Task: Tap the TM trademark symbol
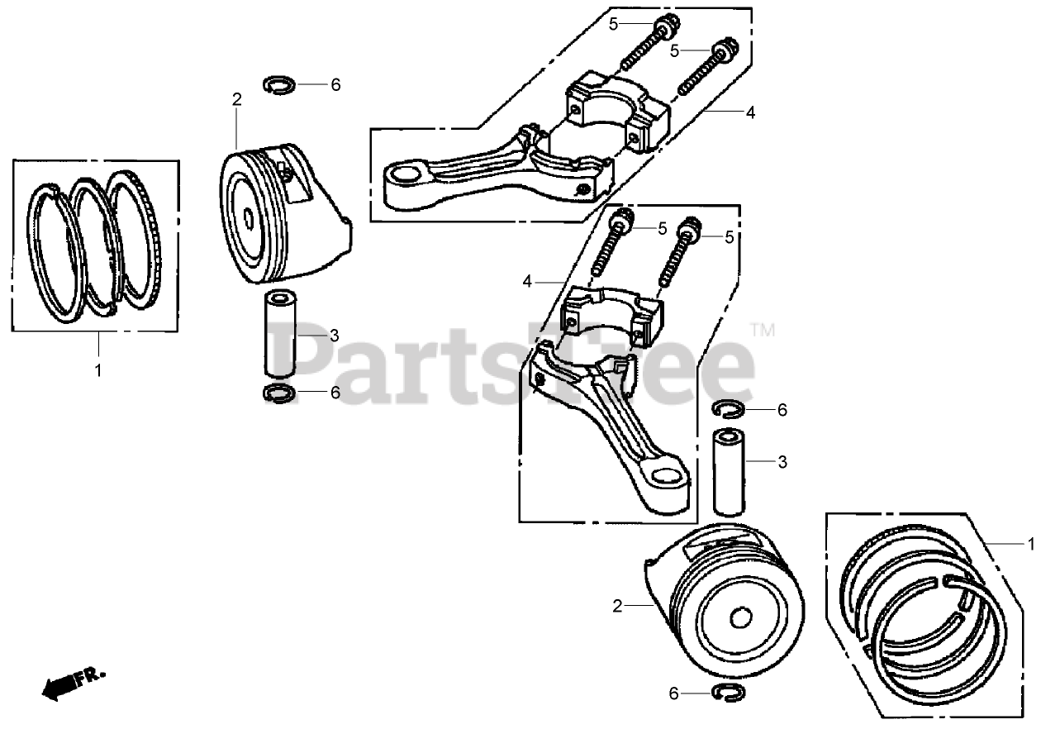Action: [x=763, y=330]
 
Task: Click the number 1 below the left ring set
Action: [x=98, y=370]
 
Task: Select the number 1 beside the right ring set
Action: [x=1029, y=544]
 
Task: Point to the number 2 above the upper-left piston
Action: [x=237, y=100]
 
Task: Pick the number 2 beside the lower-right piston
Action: [x=616, y=607]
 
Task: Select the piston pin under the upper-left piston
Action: [x=281, y=335]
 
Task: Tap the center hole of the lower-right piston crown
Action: [x=741, y=617]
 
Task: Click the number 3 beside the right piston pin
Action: [x=782, y=463]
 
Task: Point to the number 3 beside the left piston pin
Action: [x=334, y=335]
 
